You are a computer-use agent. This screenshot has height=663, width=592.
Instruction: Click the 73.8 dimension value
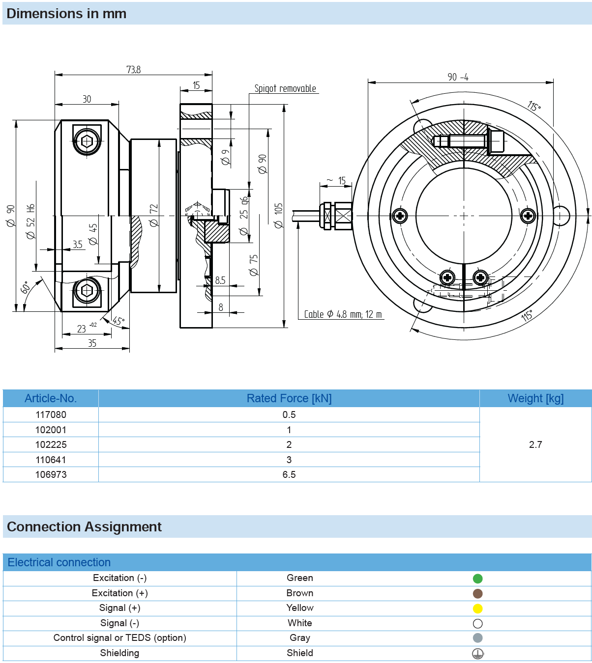[x=134, y=70]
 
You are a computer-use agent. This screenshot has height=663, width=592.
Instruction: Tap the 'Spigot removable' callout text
[x=285, y=88]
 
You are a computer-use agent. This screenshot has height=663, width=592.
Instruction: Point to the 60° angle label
[x=26, y=287]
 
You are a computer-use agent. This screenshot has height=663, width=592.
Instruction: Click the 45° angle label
[x=118, y=321]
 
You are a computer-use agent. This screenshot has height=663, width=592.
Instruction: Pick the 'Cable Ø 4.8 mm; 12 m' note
[x=343, y=314]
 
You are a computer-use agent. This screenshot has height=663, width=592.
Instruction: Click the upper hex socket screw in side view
[x=87, y=141]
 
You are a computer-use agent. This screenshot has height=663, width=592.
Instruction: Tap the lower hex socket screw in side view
[x=87, y=291]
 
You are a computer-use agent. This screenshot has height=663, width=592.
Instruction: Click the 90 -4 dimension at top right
[x=458, y=77]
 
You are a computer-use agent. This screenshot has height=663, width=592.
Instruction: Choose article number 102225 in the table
[x=51, y=444]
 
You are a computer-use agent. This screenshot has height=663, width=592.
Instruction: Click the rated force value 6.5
[x=289, y=474]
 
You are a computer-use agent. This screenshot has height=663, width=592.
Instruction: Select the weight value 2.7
[x=535, y=444]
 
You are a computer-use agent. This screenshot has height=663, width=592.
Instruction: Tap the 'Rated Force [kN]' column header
[x=289, y=398]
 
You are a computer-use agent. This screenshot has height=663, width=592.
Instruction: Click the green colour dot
[x=477, y=579]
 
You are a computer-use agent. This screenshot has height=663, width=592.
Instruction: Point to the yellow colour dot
[x=477, y=608]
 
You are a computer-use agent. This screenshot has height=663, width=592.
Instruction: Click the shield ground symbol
[x=477, y=654]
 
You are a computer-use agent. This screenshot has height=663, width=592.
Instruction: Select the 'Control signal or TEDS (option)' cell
[x=119, y=638]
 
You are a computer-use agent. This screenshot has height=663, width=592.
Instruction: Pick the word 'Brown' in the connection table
[x=300, y=593]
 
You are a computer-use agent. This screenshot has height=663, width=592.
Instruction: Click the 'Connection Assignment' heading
[x=84, y=526]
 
